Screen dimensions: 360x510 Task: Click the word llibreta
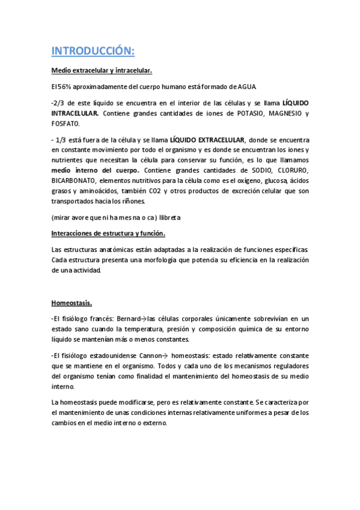point(175,217)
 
